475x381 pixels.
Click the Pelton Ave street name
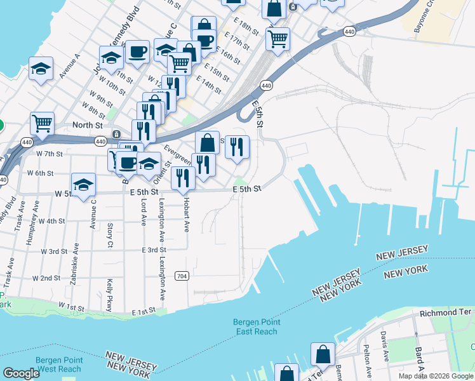coord(366,358)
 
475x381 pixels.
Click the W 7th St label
coord(50,154)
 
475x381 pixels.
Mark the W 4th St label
coord(52,221)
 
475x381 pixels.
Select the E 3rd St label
coord(154,250)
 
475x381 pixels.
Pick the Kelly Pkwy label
coord(109,292)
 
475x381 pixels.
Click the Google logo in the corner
coord(21,373)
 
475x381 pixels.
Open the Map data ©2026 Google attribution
coord(436,376)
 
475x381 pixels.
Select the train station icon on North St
coord(116,135)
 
